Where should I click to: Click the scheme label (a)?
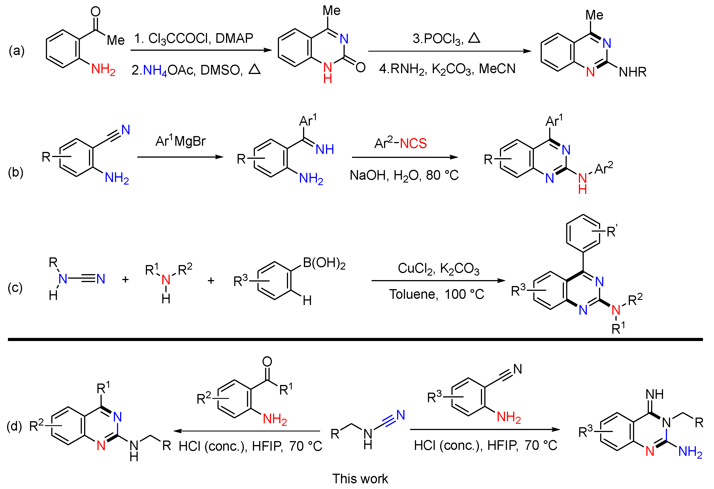click(17, 51)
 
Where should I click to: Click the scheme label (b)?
click(15, 173)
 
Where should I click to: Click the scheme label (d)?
click(14, 426)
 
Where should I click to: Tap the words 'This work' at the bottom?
click(360, 479)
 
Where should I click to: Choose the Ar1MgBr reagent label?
click(180, 141)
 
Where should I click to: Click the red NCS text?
click(413, 144)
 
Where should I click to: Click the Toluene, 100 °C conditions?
click(436, 294)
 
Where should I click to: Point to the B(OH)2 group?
click(324, 263)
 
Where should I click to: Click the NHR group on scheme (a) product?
click(632, 72)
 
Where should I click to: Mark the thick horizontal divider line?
click(355, 340)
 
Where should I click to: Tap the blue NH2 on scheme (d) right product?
click(690, 452)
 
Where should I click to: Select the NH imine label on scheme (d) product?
click(655, 394)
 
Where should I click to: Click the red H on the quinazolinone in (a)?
click(327, 79)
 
